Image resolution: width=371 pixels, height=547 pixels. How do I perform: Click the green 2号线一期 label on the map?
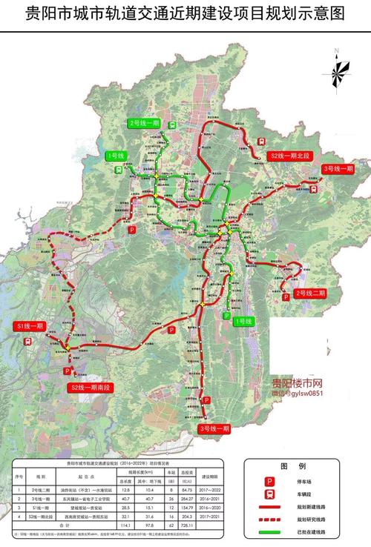[x=144, y=122]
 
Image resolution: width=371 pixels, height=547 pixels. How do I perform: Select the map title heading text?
[x=185, y=13]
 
